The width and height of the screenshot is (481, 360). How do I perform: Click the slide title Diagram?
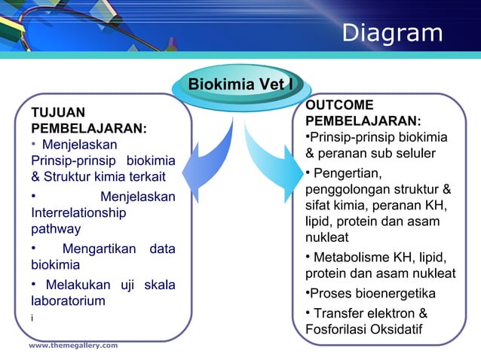392,33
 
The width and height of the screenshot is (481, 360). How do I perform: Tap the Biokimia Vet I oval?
240,84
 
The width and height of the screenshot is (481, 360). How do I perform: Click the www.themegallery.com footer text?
73,345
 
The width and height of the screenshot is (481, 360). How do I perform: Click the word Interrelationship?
78,213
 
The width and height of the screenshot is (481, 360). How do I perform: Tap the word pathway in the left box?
56,228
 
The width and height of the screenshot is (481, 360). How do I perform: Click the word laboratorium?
68,301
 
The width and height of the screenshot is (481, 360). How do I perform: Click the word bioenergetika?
392,293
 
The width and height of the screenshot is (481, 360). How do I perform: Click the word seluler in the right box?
412,154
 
